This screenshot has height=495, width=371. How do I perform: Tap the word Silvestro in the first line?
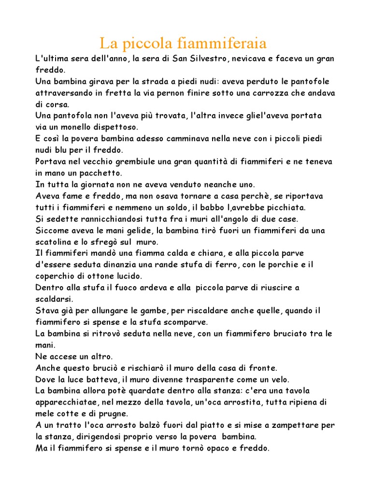coord(203,58)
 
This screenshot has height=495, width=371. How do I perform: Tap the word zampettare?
coord(294,425)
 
